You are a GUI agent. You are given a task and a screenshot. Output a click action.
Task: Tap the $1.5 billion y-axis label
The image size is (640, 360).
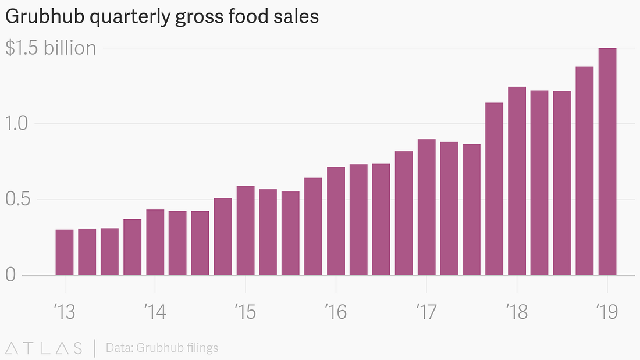coord(51,48)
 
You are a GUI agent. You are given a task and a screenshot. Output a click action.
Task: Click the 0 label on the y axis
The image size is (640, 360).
coord(10,275)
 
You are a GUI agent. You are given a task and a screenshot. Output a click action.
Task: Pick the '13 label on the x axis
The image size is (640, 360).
coord(64,312)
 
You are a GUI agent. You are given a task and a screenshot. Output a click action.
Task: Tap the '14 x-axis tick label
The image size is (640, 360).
coord(155,312)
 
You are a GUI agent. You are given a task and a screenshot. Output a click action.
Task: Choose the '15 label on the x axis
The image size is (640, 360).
coord(245,312)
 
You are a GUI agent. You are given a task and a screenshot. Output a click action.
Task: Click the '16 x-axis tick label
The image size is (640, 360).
coord(336,312)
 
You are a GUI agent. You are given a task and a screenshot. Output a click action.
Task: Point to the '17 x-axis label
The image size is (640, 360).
coord(426,312)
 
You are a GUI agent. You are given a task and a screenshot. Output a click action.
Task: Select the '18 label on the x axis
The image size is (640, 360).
coord(517,312)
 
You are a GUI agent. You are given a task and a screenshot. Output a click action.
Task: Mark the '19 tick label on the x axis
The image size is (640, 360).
coord(607,312)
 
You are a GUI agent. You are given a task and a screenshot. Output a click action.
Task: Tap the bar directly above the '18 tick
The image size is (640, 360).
coord(517,180)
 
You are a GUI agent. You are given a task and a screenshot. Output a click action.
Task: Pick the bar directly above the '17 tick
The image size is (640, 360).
coord(426,206)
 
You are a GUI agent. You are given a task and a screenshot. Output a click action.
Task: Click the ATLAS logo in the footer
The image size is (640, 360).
coord(44,348)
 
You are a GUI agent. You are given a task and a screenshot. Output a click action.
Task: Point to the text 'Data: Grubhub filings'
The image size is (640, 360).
coord(162,348)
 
